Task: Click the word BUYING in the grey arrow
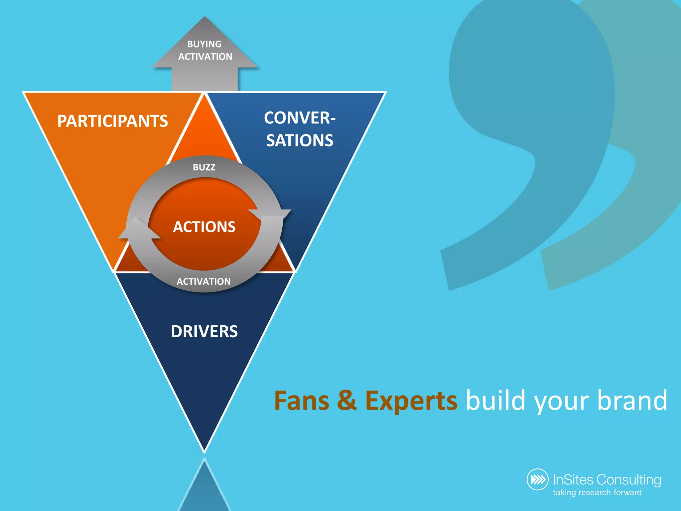(204, 44)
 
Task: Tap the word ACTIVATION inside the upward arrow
(205, 57)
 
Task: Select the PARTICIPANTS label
(112, 121)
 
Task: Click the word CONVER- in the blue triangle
(300, 118)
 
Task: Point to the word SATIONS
(300, 141)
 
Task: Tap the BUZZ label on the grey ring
(204, 167)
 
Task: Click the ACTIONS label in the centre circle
(204, 227)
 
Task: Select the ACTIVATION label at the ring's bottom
(204, 282)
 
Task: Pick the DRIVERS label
(204, 332)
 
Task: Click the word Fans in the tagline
(302, 401)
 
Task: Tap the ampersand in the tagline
(347, 401)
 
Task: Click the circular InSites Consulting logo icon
(537, 480)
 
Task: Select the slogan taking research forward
(597, 493)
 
